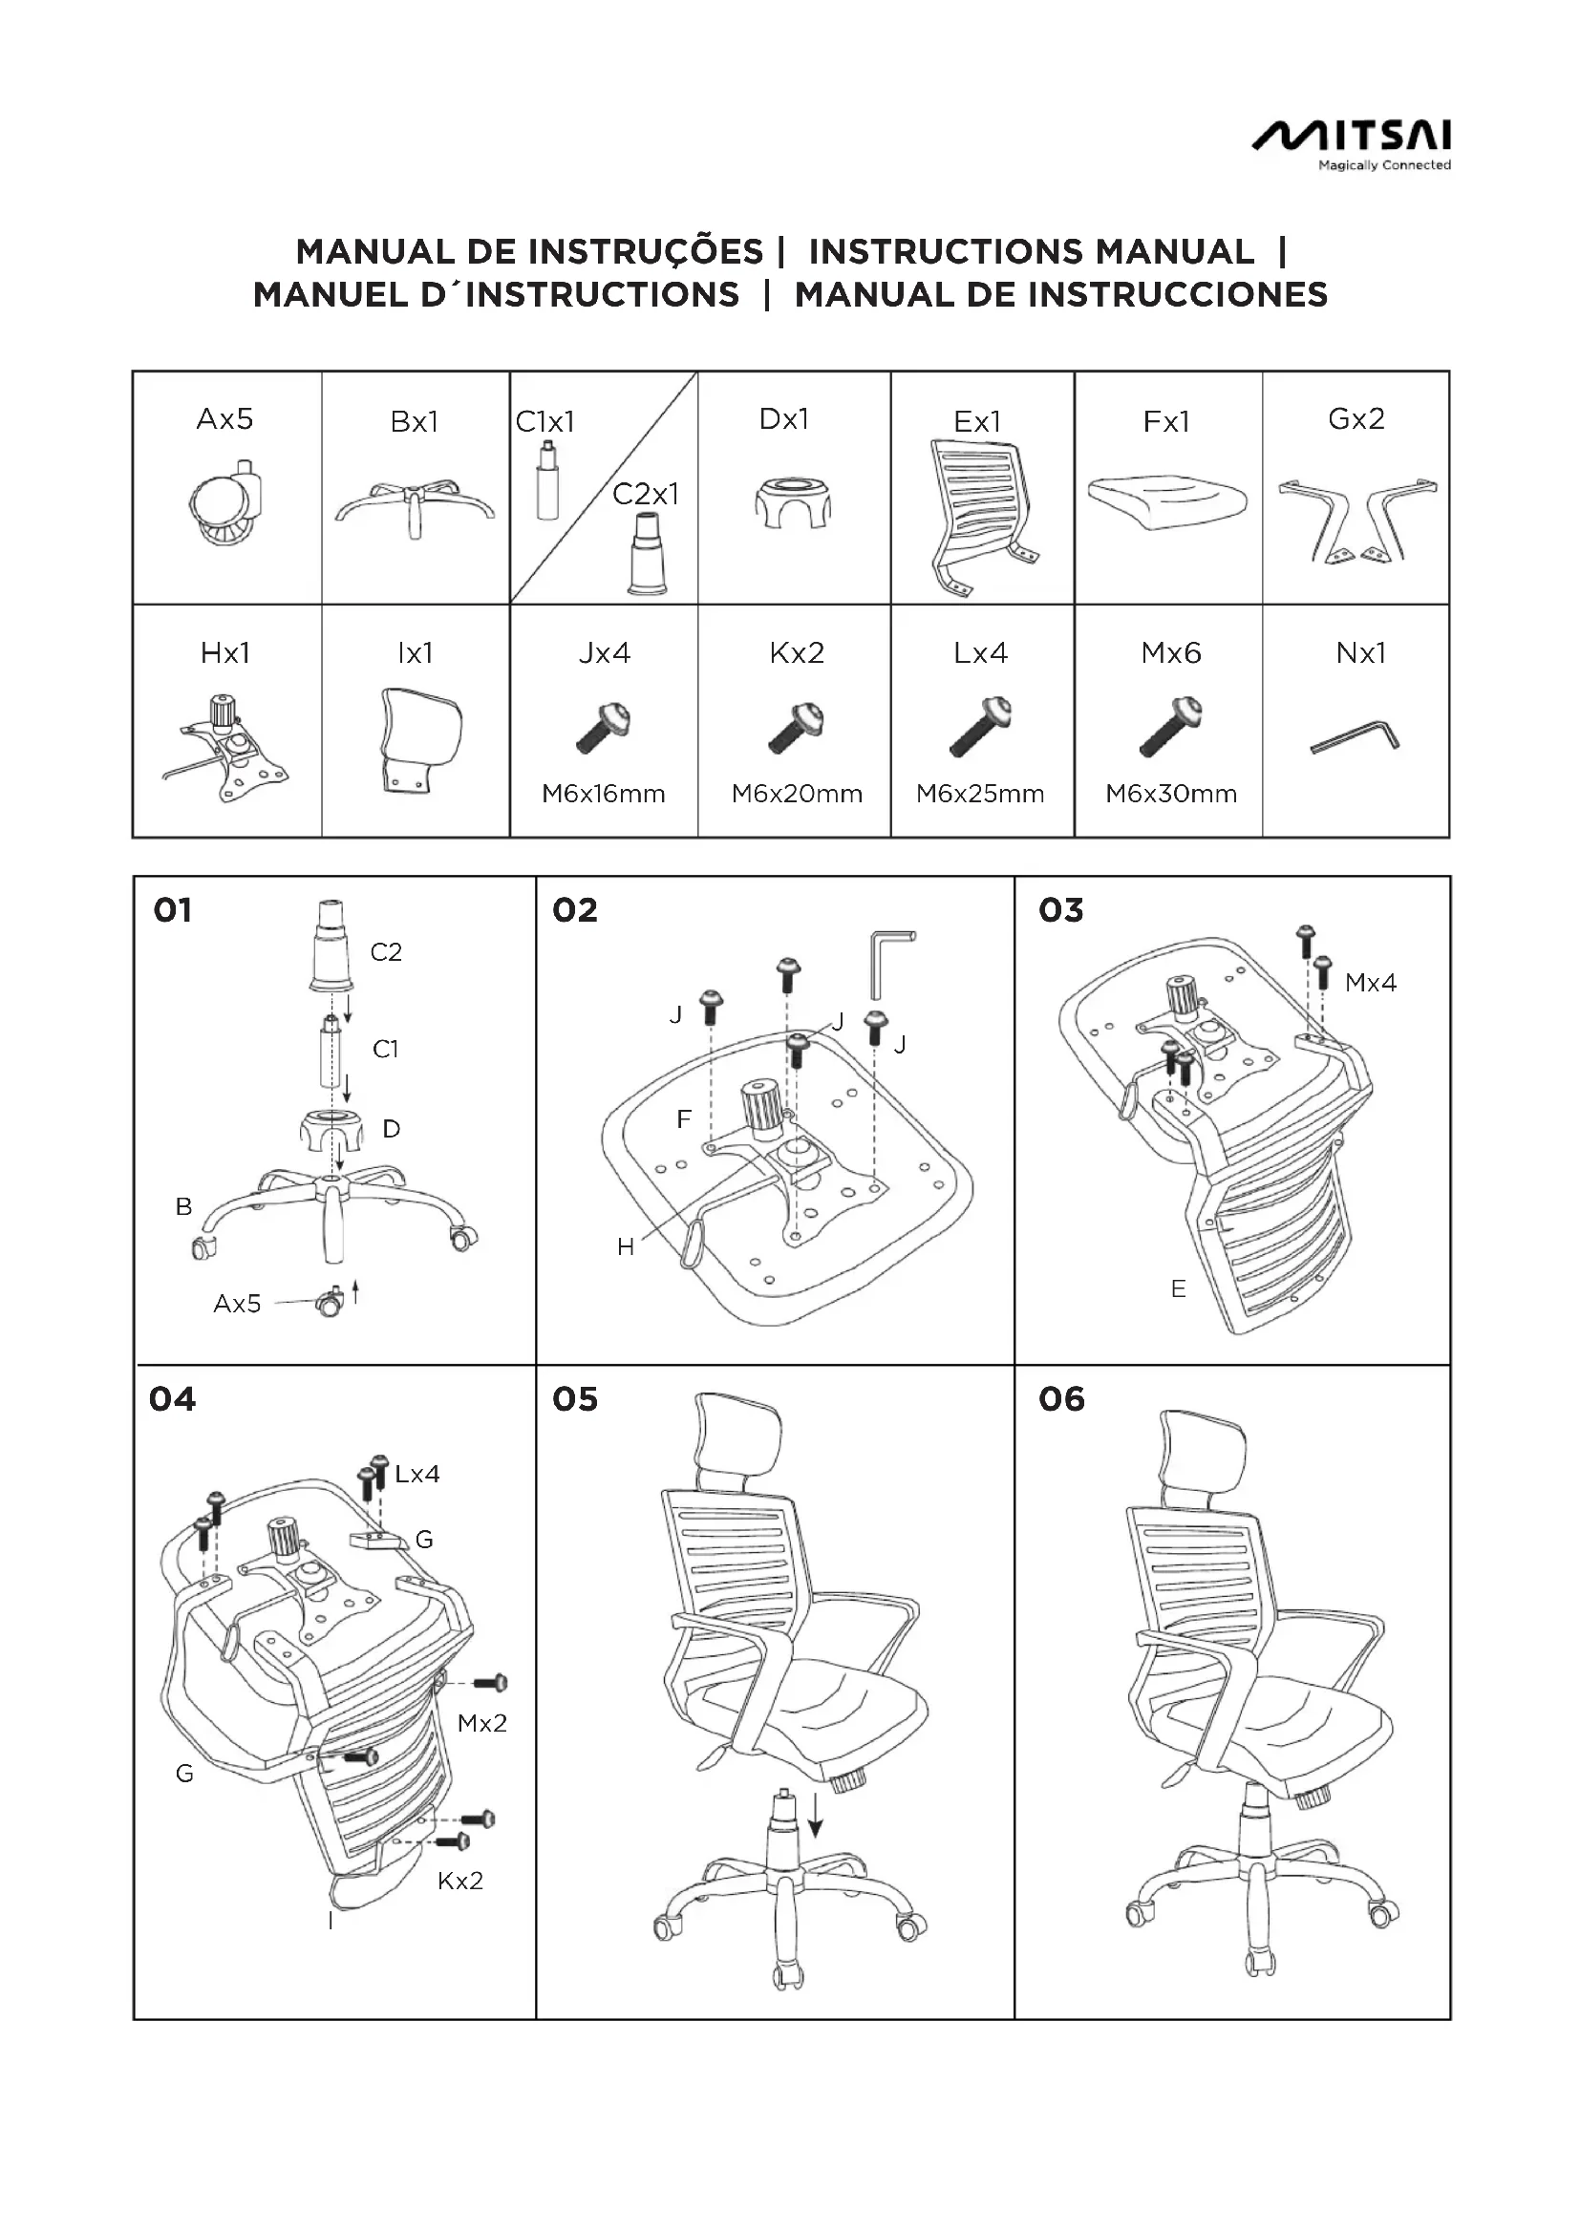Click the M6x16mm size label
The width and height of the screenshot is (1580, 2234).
point(603,794)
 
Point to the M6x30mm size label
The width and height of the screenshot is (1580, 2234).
point(1170,794)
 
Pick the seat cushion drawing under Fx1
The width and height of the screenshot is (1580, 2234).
point(1166,500)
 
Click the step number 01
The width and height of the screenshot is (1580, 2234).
point(172,911)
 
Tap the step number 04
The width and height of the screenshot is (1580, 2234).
point(172,1399)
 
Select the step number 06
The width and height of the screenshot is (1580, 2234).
point(1060,1399)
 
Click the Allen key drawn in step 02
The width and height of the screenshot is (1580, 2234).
point(889,963)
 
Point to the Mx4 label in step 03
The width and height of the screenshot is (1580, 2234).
point(1370,983)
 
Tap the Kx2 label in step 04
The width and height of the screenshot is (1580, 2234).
point(460,1881)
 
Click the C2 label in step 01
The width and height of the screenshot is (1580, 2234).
point(385,951)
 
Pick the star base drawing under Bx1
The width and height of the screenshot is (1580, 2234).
point(416,506)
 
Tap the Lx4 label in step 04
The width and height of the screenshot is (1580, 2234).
point(417,1474)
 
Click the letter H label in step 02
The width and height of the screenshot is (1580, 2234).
point(626,1246)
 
